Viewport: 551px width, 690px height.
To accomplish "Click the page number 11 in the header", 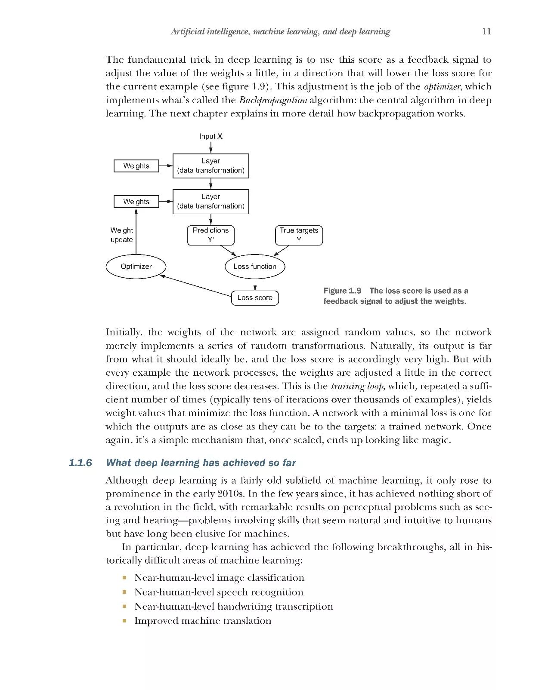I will pyautogui.click(x=486, y=31).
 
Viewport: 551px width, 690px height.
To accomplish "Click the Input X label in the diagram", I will pyautogui.click(x=211, y=136).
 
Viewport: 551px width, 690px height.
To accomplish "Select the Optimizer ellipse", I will pyautogui.click(x=136, y=267).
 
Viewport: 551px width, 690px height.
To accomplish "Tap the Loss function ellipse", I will pyautogui.click(x=255, y=267).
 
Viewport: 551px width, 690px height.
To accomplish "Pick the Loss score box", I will pyautogui.click(x=255, y=297).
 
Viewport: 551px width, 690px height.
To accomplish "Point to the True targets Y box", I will pyautogui.click(x=299, y=235).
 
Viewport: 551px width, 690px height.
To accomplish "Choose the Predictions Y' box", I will pyautogui.click(x=211, y=235).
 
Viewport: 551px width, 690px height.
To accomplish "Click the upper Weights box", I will pyautogui.click(x=136, y=166).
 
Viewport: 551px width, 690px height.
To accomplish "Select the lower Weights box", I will pyautogui.click(x=136, y=202).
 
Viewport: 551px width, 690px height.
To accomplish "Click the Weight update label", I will pyautogui.click(x=121, y=235).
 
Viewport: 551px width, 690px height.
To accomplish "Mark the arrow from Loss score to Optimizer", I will pyautogui.click(x=196, y=285).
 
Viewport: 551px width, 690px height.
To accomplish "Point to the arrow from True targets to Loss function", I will pyautogui.click(x=282, y=251).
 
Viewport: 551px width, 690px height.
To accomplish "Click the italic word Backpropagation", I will pyautogui.click(x=273, y=100).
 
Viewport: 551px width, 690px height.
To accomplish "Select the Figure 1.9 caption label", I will pyautogui.click(x=342, y=291).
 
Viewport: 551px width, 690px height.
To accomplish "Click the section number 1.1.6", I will pyautogui.click(x=80, y=463).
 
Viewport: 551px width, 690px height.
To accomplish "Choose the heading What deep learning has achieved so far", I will pyautogui.click(x=201, y=463).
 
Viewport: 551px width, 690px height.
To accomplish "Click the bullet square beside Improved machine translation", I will pyautogui.click(x=124, y=621).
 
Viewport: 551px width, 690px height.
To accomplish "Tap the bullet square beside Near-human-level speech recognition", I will pyautogui.click(x=124, y=592).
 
